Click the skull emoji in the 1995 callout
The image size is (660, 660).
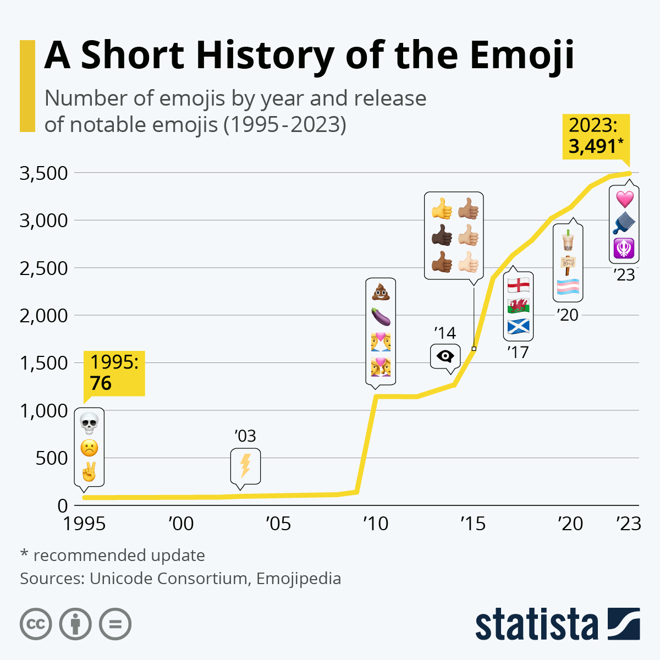coord(89,424)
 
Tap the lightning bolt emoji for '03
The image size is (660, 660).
coord(245,466)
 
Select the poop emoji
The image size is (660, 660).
coord(381,291)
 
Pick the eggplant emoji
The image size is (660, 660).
coord(381,316)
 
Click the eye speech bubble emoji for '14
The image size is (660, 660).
coord(445,356)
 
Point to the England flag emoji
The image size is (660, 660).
coord(518,285)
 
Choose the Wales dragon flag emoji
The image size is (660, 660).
coord(518,305)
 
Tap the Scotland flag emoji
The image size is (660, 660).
coord(518,326)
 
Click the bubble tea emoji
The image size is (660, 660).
coord(568,240)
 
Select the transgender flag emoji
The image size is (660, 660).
coord(568,287)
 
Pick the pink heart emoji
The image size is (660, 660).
coord(624,199)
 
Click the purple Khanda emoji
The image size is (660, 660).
coord(624,249)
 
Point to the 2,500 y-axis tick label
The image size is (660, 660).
coord(43,268)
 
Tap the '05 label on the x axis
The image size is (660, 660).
coord(278,524)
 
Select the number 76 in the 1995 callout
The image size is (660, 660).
coord(101,383)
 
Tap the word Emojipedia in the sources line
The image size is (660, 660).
coord(299,579)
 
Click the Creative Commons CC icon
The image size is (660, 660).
coord(36,624)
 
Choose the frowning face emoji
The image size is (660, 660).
coord(89,448)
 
